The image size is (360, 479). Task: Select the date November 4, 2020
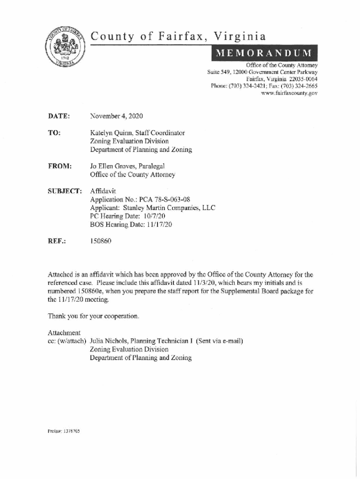(x=116, y=116)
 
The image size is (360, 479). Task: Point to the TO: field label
(x=54, y=133)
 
